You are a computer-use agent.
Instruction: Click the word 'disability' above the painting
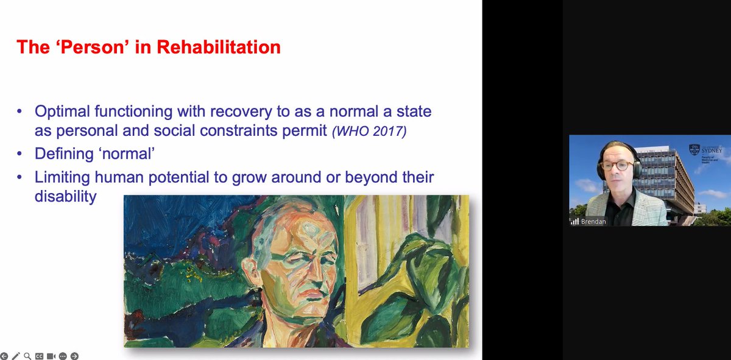(x=65, y=196)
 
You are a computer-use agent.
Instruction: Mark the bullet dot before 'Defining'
(x=22, y=154)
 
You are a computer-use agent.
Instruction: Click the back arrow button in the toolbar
(x=4, y=356)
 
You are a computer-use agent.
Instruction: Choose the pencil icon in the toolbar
(x=16, y=356)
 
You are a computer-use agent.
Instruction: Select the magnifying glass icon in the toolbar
(x=27, y=356)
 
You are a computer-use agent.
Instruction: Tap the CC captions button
(x=39, y=356)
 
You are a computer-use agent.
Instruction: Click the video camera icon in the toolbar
(x=51, y=356)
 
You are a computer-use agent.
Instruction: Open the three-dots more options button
(x=63, y=356)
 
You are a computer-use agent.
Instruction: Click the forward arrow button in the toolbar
(x=74, y=356)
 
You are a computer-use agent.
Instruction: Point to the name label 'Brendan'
(x=593, y=221)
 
